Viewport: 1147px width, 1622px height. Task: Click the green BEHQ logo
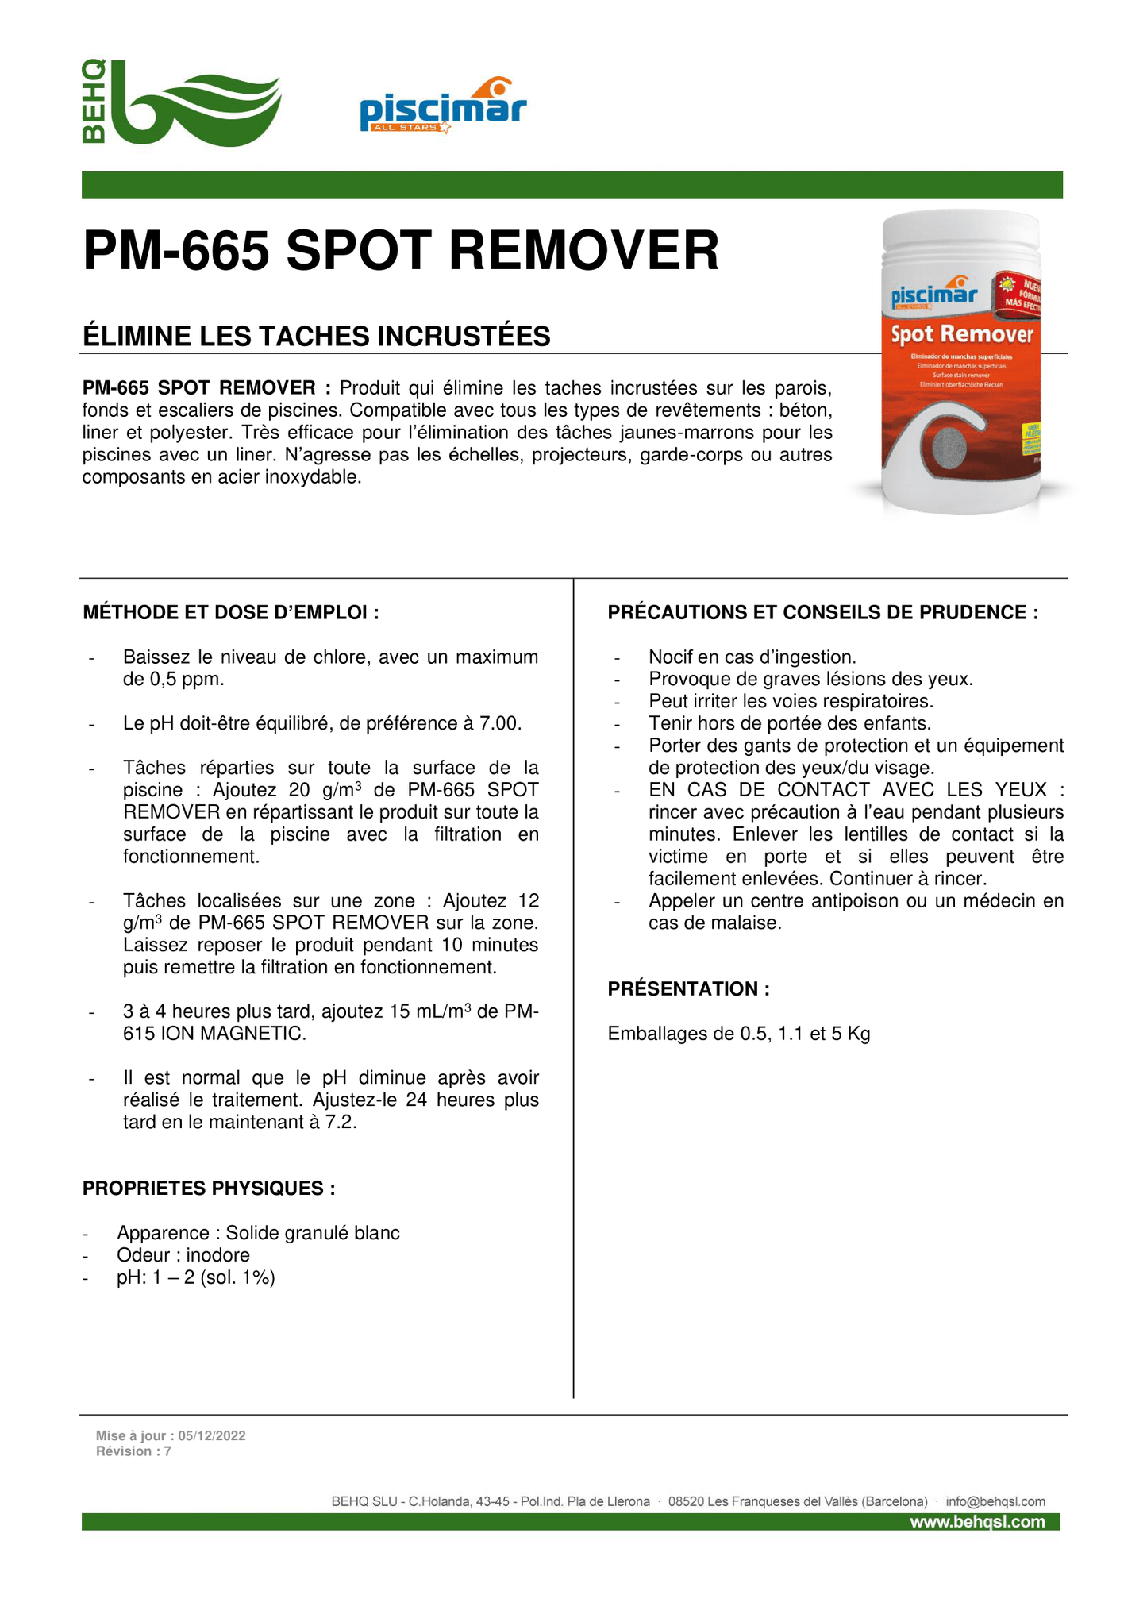coord(181,102)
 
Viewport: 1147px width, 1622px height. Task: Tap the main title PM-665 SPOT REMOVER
coord(401,251)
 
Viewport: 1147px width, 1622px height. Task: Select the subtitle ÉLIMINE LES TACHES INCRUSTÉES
coord(317,337)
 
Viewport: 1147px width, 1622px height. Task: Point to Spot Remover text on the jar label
coord(961,334)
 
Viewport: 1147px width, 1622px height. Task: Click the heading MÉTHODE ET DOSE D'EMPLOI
coord(230,612)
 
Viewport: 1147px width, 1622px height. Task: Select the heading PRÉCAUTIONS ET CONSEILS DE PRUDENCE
coord(822,612)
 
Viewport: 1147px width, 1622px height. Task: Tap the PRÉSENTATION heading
coord(688,988)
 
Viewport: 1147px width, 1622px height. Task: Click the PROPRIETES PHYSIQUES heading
coord(209,1188)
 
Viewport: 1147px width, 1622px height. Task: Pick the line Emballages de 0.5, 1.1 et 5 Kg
coord(738,1034)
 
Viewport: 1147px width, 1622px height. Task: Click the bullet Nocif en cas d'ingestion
coord(752,657)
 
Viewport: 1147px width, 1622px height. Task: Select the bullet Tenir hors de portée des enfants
coord(789,723)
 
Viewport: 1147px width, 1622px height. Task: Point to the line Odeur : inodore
coord(183,1254)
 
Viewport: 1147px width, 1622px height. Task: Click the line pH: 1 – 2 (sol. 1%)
coord(195,1277)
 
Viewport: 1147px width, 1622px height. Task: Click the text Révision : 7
coord(133,1451)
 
